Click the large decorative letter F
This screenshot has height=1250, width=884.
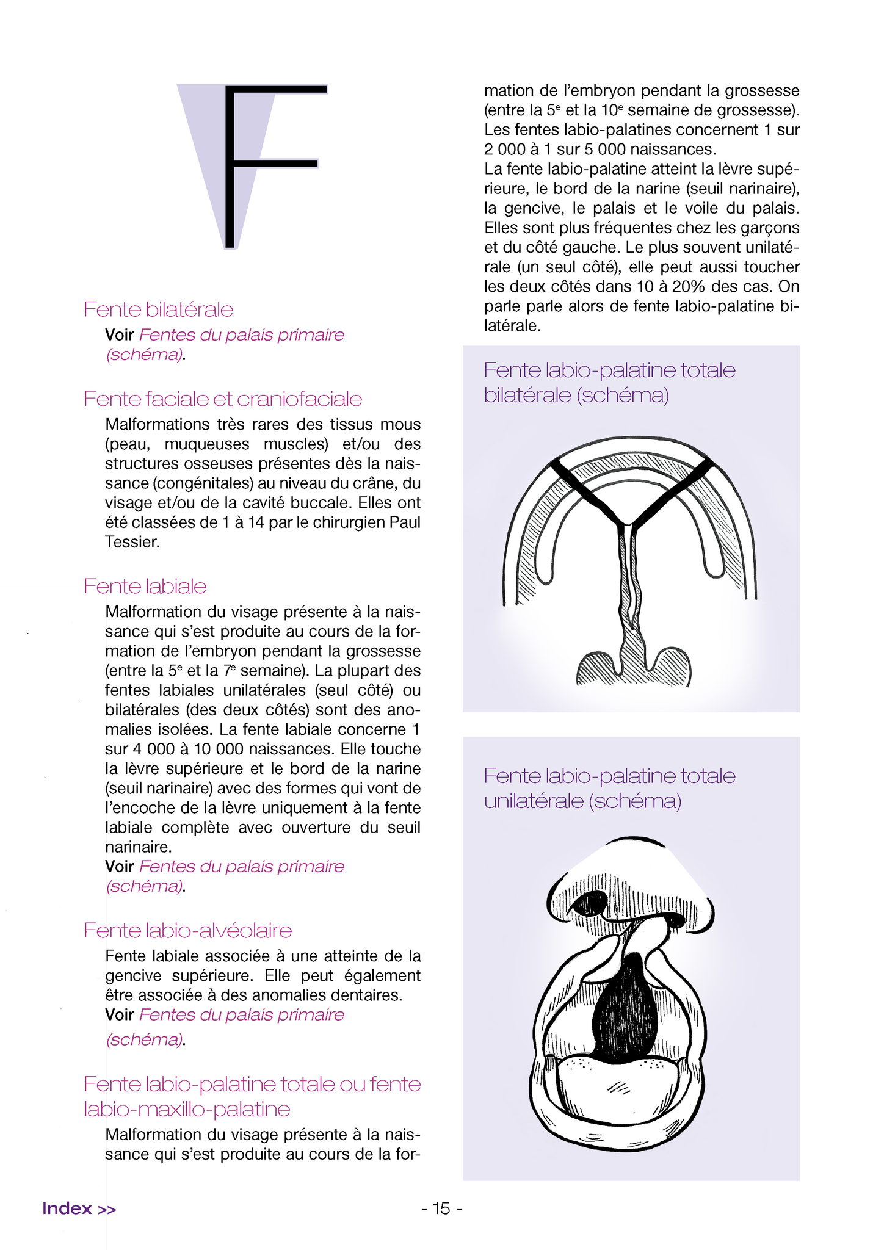269,165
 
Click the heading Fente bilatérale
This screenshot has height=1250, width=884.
158,309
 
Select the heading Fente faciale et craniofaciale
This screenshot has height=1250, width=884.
222,399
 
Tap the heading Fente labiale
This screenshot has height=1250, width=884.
145,587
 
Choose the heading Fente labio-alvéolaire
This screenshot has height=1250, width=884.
187,931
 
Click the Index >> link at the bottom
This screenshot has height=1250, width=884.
79,1208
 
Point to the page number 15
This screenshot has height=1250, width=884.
441,1208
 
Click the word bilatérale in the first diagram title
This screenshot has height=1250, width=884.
527,396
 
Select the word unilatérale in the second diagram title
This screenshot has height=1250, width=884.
533,801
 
